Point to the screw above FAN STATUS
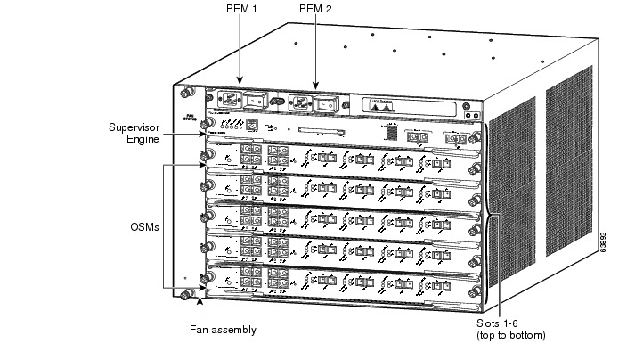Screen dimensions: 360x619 click(x=187, y=92)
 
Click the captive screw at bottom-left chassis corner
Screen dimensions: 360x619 click(x=187, y=295)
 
